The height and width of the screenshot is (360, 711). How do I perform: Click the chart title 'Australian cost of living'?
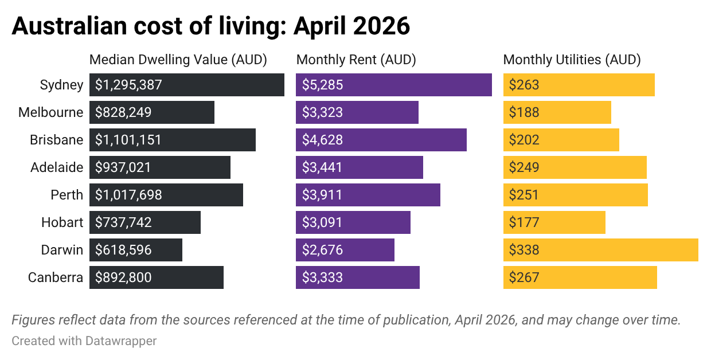(210, 26)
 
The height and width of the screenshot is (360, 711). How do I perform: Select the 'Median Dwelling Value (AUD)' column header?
(178, 60)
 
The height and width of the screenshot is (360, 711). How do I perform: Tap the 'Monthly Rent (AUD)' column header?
(356, 60)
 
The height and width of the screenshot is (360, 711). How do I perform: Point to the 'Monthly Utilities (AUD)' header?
(572, 60)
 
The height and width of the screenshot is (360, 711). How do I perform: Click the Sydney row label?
(61, 85)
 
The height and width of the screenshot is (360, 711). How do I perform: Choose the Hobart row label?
(62, 222)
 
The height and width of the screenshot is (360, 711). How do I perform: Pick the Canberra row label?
(56, 277)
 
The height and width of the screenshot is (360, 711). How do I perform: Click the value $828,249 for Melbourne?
(123, 112)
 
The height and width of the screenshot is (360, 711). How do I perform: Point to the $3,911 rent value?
(322, 195)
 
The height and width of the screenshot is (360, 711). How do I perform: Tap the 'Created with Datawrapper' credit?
(84, 341)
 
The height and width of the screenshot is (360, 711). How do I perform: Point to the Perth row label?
(67, 195)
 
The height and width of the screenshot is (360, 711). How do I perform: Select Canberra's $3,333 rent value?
(322, 277)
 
